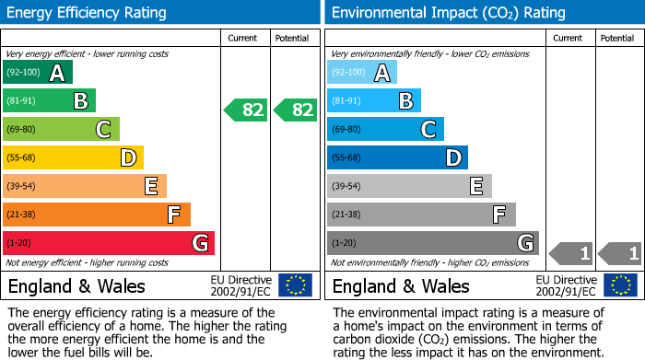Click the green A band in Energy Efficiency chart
coord(37,73)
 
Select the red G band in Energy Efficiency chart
coord(108,243)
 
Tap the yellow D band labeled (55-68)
coord(73,158)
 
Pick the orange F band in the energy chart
coord(96,215)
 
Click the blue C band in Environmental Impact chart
coord(384,130)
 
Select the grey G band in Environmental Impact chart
coord(432,243)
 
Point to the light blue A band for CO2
coord(361,73)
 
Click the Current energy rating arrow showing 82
coord(246,110)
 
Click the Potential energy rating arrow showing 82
coord(296,110)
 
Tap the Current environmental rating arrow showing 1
coord(570,253)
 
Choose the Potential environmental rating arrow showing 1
coord(619,253)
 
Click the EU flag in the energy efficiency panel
coord(295,285)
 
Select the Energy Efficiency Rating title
coord(88,13)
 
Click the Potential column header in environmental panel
coord(617,38)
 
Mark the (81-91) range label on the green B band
coord(22,101)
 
